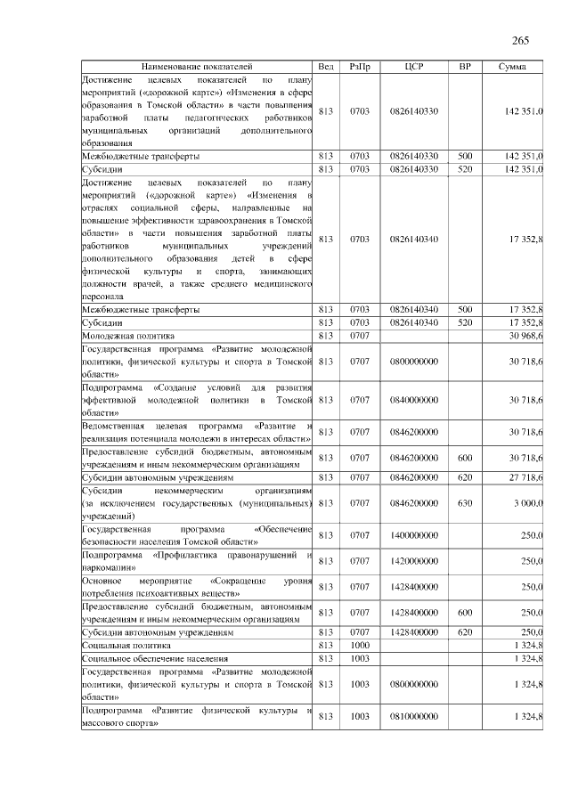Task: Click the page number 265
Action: click(521, 41)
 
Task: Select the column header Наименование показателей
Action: click(197, 67)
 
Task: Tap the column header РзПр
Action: click(360, 67)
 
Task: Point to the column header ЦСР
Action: click(413, 67)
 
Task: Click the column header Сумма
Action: click(511, 67)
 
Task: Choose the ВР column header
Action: click(464, 67)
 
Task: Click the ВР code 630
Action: click(464, 503)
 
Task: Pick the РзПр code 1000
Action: click(360, 644)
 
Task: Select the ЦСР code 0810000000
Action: click(413, 716)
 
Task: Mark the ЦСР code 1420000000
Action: click(413, 561)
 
